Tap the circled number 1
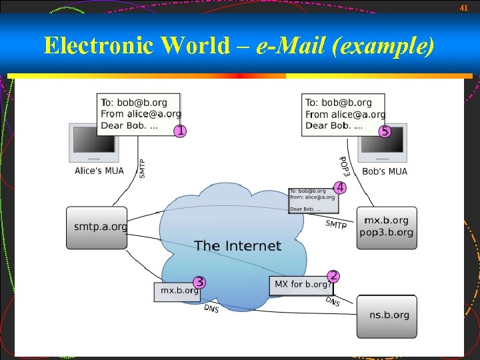coord(179,131)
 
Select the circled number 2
coord(333,276)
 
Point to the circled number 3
coord(199,282)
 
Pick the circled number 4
coord(339,187)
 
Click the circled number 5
coord(385,131)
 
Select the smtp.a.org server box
coord(97,227)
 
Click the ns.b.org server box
coord(387,315)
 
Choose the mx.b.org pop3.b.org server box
coord(387,227)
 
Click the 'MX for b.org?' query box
coord(302,285)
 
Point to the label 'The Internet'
coord(238,246)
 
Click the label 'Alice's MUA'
coord(99,171)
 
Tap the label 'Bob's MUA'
coord(385,172)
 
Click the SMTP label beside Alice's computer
coord(142,167)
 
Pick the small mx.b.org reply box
coord(177,291)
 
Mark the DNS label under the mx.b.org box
coord(211,309)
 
